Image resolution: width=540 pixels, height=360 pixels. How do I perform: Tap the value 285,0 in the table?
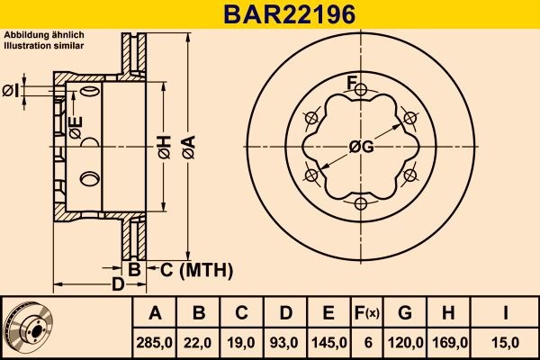coord(155,341)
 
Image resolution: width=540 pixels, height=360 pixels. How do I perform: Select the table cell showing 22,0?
coord(200,341)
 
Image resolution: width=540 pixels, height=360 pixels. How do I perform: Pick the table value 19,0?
coord(241,341)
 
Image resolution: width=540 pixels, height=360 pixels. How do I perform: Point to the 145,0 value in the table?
coord(328,341)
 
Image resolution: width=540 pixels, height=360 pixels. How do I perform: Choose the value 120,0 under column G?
coord(405,341)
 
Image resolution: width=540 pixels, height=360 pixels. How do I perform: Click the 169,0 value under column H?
coord(448,341)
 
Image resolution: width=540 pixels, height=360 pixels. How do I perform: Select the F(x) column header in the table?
coord(366,314)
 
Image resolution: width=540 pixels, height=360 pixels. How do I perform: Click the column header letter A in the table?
coord(155,314)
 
